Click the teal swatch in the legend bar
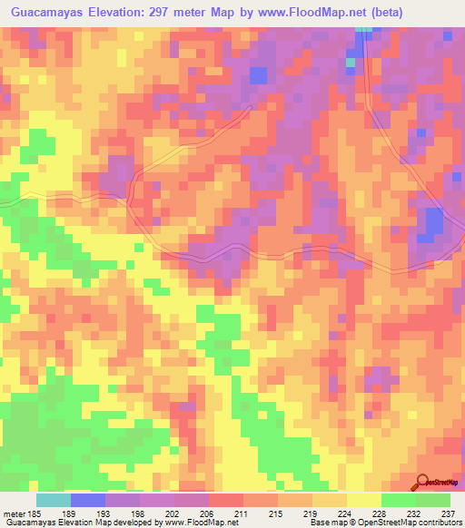(x=53, y=501)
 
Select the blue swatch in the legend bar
(x=87, y=501)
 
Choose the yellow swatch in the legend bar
(x=363, y=501)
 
